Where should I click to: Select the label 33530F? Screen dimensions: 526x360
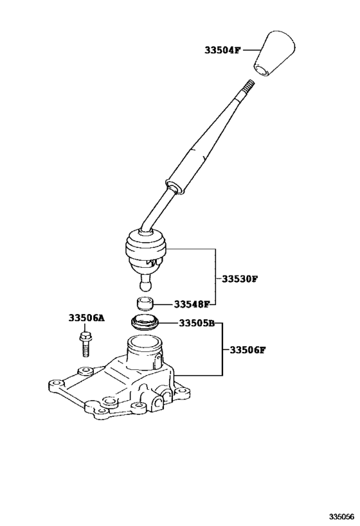(239, 280)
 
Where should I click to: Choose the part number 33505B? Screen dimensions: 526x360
(196, 324)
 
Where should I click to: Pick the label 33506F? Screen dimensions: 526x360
(244, 350)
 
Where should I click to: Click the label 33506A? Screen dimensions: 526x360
(86, 319)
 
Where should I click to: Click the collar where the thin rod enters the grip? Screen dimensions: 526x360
(172, 186)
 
